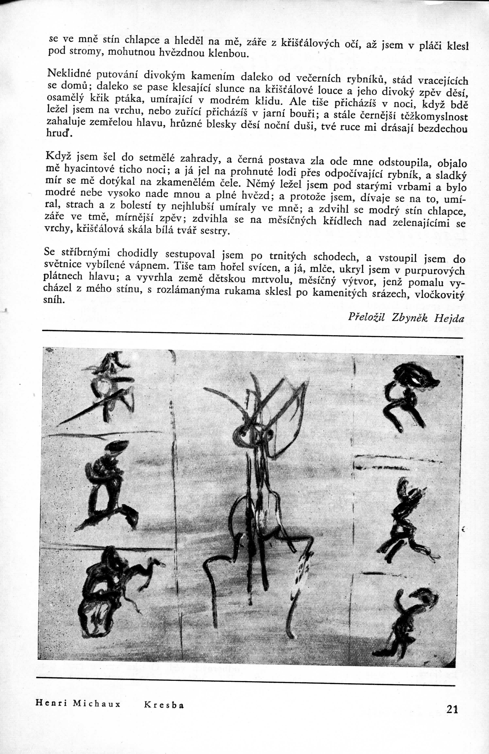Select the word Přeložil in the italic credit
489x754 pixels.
[367, 316]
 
